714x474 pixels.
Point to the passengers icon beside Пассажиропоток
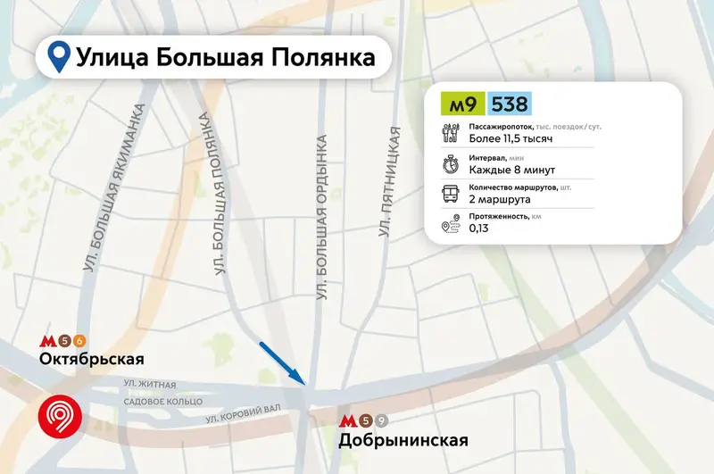pyautogui.click(x=451, y=134)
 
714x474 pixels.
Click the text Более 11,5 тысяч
pyautogui.click(x=506, y=139)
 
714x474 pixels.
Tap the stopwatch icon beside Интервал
pyautogui.click(x=451, y=164)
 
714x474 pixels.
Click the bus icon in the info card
pyautogui.click(x=451, y=195)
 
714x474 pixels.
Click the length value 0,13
pyautogui.click(x=478, y=229)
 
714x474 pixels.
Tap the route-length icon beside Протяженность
pyautogui.click(x=451, y=224)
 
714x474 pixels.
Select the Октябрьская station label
pyautogui.click(x=92, y=359)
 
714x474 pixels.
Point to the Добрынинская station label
pyautogui.click(x=403, y=440)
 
